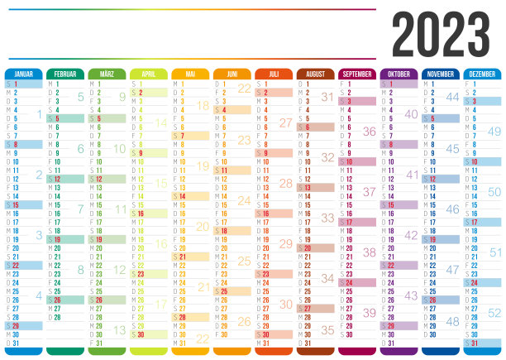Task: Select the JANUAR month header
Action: click(x=24, y=74)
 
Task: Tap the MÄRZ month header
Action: click(x=107, y=74)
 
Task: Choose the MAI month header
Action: click(x=190, y=74)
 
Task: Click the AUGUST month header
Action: click(x=315, y=74)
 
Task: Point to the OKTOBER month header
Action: click(x=399, y=74)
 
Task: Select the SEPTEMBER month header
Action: click(x=356, y=74)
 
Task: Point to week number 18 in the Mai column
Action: click(x=203, y=105)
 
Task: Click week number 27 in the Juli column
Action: click(x=286, y=122)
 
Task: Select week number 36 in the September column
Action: click(x=369, y=132)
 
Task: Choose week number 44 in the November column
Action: click(x=452, y=97)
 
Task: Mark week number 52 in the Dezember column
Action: click(x=494, y=313)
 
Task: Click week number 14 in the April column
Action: click(x=161, y=122)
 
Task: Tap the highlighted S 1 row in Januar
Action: click(x=24, y=84)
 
